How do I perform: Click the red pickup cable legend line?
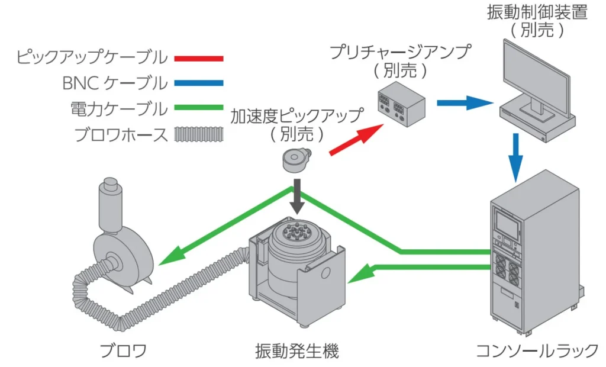pyautogui.click(x=199, y=59)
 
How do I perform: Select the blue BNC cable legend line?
pyautogui.click(x=199, y=83)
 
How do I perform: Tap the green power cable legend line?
pyautogui.click(x=199, y=108)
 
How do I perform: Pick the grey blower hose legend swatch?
pyautogui.click(x=199, y=134)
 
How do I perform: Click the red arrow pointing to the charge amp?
pyautogui.click(x=356, y=140)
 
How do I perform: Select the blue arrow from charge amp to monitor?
pyautogui.click(x=465, y=103)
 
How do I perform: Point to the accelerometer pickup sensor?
pyautogui.click(x=296, y=160)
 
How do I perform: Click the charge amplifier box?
pyautogui.click(x=401, y=103)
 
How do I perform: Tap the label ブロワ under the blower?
pyautogui.click(x=123, y=351)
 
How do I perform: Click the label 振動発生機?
pyautogui.click(x=297, y=351)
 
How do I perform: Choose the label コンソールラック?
pyautogui.click(x=537, y=351)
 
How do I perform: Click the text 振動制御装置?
pyautogui.click(x=537, y=12)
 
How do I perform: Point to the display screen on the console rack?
pyautogui.click(x=507, y=223)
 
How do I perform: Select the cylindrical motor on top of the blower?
pyautogui.click(x=111, y=205)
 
